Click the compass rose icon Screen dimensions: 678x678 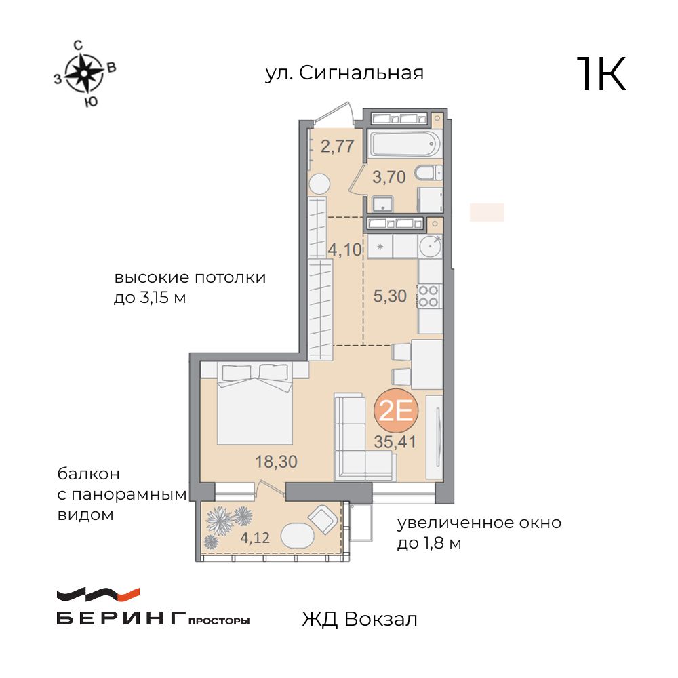[83, 73]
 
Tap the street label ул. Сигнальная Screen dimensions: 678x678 [344, 73]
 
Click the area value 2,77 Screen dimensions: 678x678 [337, 146]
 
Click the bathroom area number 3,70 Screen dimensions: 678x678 [389, 178]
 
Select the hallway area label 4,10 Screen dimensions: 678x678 [345, 249]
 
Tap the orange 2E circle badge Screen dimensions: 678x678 [397, 410]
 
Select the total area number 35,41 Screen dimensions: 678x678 [395, 442]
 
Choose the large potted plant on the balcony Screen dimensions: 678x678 [220, 520]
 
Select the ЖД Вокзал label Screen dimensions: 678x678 [359, 619]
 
